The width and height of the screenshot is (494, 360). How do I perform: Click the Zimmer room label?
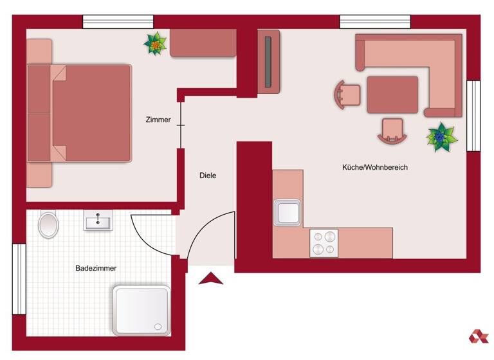[x=158, y=120]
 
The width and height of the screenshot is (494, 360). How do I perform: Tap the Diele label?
[x=208, y=175]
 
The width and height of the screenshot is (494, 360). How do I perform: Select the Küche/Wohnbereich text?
[x=374, y=167]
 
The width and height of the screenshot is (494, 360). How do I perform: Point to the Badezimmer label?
[x=96, y=268]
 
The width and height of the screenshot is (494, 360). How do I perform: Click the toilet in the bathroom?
[x=48, y=224]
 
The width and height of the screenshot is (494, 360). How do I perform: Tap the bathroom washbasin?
[x=98, y=221]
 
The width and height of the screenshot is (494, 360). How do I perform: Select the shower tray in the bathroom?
[x=142, y=310]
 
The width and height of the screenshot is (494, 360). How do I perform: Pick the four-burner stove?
[x=324, y=243]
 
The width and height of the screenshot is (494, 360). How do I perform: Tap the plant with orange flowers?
[x=155, y=44]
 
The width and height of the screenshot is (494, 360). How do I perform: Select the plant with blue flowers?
[x=442, y=137]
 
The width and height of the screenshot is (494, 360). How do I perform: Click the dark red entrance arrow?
[x=210, y=279]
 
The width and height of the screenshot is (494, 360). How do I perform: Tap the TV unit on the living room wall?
[x=269, y=62]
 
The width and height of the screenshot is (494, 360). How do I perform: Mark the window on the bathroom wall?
[x=19, y=279]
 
